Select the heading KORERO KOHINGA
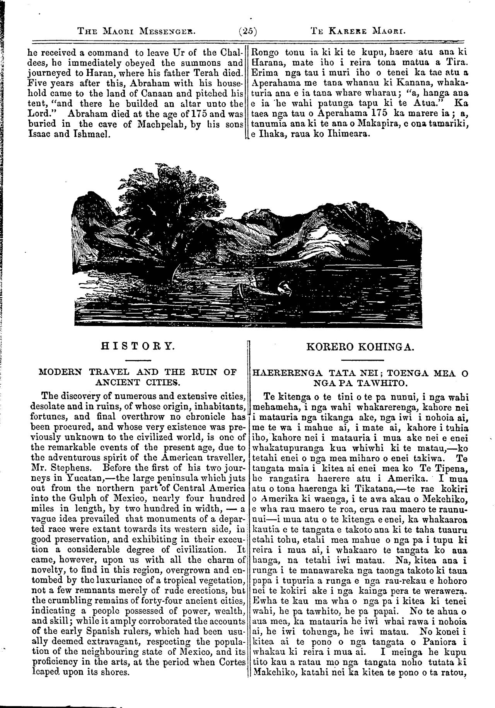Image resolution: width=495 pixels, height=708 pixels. coord(360,346)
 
